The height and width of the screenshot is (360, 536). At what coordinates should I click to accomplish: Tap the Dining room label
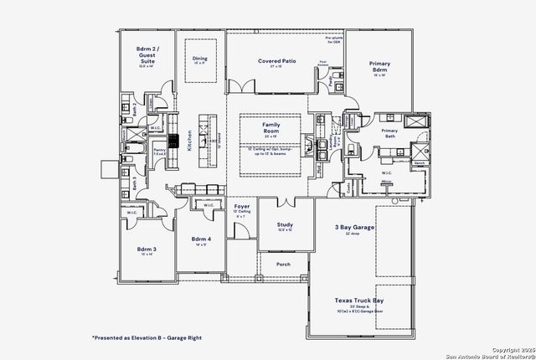(x=199, y=59)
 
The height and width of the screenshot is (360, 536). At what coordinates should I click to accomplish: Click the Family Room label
(x=271, y=128)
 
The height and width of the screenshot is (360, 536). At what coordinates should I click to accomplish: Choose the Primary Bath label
(x=389, y=131)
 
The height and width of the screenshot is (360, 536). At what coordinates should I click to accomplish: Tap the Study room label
(x=285, y=224)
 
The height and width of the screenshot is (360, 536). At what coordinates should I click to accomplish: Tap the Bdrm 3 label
(x=147, y=249)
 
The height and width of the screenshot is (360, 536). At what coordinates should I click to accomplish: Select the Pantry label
(x=159, y=150)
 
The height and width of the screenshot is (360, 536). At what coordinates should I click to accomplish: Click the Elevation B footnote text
(x=147, y=337)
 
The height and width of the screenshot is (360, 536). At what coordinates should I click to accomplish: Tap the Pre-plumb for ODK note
(x=333, y=40)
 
